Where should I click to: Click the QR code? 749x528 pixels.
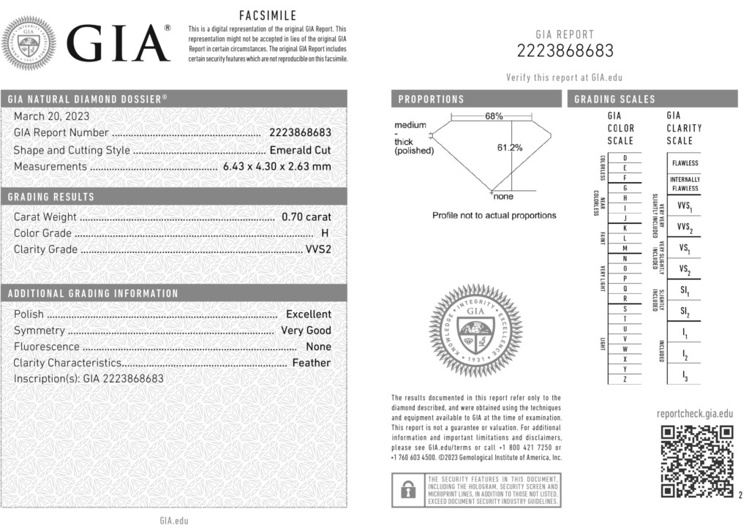(697, 461)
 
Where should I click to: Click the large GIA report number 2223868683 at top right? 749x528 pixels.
(565, 50)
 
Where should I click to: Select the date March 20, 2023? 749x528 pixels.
(51, 116)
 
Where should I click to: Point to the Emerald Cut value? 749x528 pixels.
(300, 150)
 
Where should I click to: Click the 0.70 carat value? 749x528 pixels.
(306, 216)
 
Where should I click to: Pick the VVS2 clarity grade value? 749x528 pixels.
(317, 249)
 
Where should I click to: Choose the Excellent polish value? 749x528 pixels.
(308, 314)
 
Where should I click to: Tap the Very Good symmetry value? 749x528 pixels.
(306, 331)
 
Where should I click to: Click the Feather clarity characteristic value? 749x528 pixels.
(311, 363)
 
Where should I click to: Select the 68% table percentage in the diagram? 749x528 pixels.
(494, 116)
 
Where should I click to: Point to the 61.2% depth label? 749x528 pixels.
(510, 148)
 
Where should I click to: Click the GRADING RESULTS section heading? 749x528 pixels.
(51, 197)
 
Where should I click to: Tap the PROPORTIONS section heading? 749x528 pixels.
(431, 99)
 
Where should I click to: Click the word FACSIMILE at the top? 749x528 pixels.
(267, 16)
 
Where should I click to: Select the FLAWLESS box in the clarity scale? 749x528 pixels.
(685, 163)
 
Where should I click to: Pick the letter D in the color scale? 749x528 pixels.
(624, 158)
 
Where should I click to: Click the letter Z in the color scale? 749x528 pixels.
(624, 379)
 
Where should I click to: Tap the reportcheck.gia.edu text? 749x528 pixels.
(694, 413)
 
